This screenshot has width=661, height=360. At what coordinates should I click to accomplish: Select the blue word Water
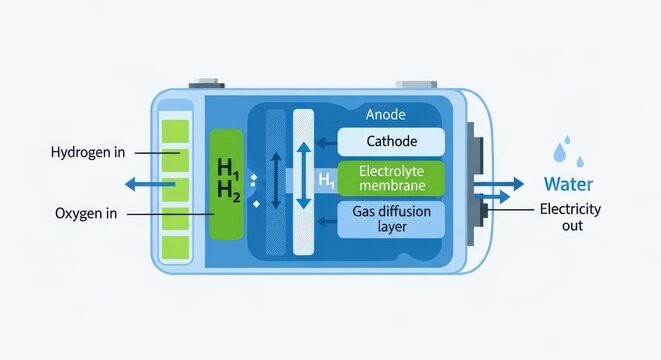click(x=568, y=184)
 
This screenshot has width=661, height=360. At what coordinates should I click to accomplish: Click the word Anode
click(x=386, y=115)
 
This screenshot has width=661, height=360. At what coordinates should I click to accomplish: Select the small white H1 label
click(x=325, y=179)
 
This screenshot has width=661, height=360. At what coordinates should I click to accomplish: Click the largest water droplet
click(x=562, y=152)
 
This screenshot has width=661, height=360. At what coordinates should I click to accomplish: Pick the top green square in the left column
click(x=175, y=130)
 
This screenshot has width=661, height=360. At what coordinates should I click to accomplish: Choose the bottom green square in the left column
click(x=175, y=243)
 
